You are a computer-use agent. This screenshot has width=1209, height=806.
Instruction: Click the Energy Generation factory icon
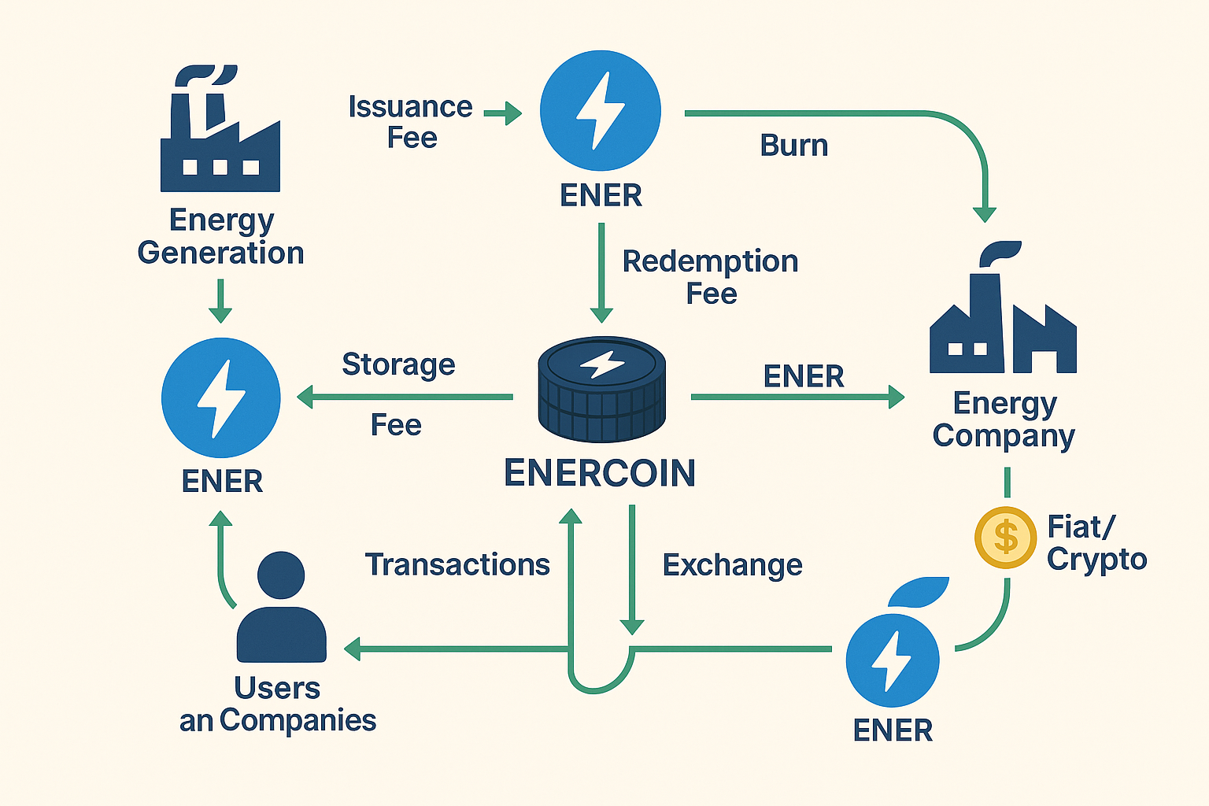pyautogui.click(x=220, y=134)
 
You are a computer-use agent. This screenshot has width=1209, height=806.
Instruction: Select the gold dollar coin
pyautogui.click(x=1005, y=538)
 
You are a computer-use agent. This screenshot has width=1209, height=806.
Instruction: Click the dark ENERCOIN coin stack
pyautogui.click(x=602, y=390)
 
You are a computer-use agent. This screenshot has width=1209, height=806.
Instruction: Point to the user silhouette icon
pyautogui.click(x=281, y=608)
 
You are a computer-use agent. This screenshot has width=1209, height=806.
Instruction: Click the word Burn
pyautogui.click(x=793, y=146)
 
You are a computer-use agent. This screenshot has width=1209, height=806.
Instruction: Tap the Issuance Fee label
pyautogui.click(x=410, y=122)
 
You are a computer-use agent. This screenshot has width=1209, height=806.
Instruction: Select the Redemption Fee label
pyautogui.click(x=710, y=276)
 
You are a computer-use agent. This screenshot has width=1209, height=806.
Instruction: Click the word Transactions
pyautogui.click(x=457, y=564)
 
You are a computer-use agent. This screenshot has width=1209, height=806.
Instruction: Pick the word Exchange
pyautogui.click(x=732, y=564)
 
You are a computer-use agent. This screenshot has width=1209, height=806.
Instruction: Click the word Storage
pyautogui.click(x=398, y=364)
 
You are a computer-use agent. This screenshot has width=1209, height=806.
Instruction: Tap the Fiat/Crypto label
pyautogui.click(x=1096, y=542)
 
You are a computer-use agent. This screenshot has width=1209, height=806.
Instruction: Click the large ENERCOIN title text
pyautogui.click(x=600, y=473)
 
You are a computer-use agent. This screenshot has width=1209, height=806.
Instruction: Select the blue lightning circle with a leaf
pyautogui.click(x=893, y=660)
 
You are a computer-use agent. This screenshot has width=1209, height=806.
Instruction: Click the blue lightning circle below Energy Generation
pyautogui.click(x=220, y=397)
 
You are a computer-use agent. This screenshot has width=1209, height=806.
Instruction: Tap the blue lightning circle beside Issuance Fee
pyautogui.click(x=601, y=110)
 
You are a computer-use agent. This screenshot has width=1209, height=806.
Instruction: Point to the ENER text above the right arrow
pyautogui.click(x=803, y=376)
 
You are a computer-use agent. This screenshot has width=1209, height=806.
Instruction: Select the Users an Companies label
pyautogui.click(x=278, y=704)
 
